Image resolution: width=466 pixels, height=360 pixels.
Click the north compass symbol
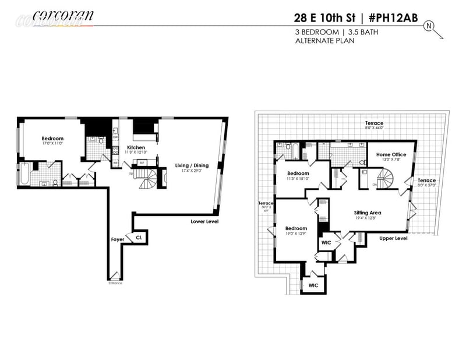[430, 26]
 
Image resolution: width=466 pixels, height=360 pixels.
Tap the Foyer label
[118, 239]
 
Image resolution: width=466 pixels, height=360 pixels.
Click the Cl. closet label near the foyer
[139, 238]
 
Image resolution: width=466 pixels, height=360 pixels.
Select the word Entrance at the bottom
[115, 283]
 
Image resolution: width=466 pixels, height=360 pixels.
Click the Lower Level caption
[204, 221]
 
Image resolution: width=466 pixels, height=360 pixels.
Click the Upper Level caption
[393, 238]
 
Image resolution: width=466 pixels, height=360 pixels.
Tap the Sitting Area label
[368, 214]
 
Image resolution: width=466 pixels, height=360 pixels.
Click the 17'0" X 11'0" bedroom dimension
[52, 143]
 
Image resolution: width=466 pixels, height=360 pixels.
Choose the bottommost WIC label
[313, 285]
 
